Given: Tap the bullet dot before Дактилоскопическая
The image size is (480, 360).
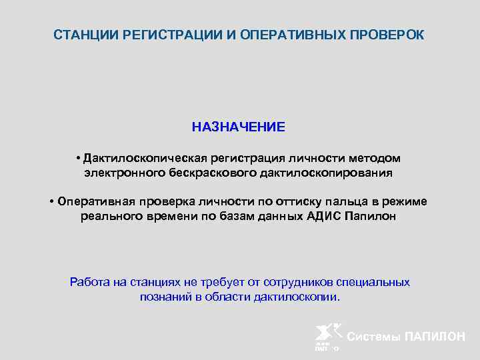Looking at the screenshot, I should point(78,158).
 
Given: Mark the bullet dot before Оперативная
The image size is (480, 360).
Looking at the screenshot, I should point(51,202).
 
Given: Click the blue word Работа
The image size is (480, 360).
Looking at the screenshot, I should point(90,282).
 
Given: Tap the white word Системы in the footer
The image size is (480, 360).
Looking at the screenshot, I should point(374,337).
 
